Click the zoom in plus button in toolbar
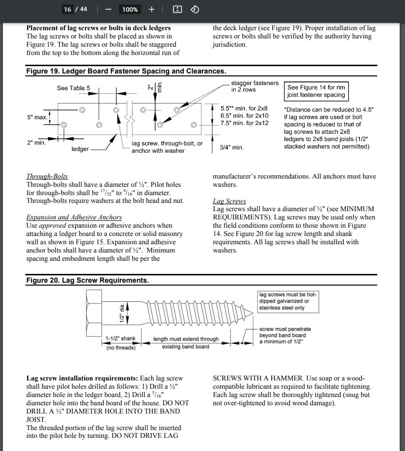tap(151, 9)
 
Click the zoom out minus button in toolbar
tap(108, 9)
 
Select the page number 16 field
tap(68, 9)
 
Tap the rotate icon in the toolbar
tap(194, 9)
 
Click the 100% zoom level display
tap(130, 9)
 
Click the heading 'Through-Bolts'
tap(47, 176)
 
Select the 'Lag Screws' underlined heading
tap(229, 201)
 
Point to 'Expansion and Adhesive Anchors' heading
tap(74, 217)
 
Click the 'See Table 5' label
tap(73, 88)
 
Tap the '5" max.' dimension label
tap(37, 117)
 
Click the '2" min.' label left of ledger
tap(36, 143)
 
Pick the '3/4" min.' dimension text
tap(232, 147)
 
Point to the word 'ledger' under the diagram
tap(80, 149)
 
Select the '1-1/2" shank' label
tap(121, 339)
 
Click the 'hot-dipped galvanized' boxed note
tap(287, 301)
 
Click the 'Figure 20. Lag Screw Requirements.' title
tap(88, 280)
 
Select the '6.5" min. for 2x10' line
tap(244, 115)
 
